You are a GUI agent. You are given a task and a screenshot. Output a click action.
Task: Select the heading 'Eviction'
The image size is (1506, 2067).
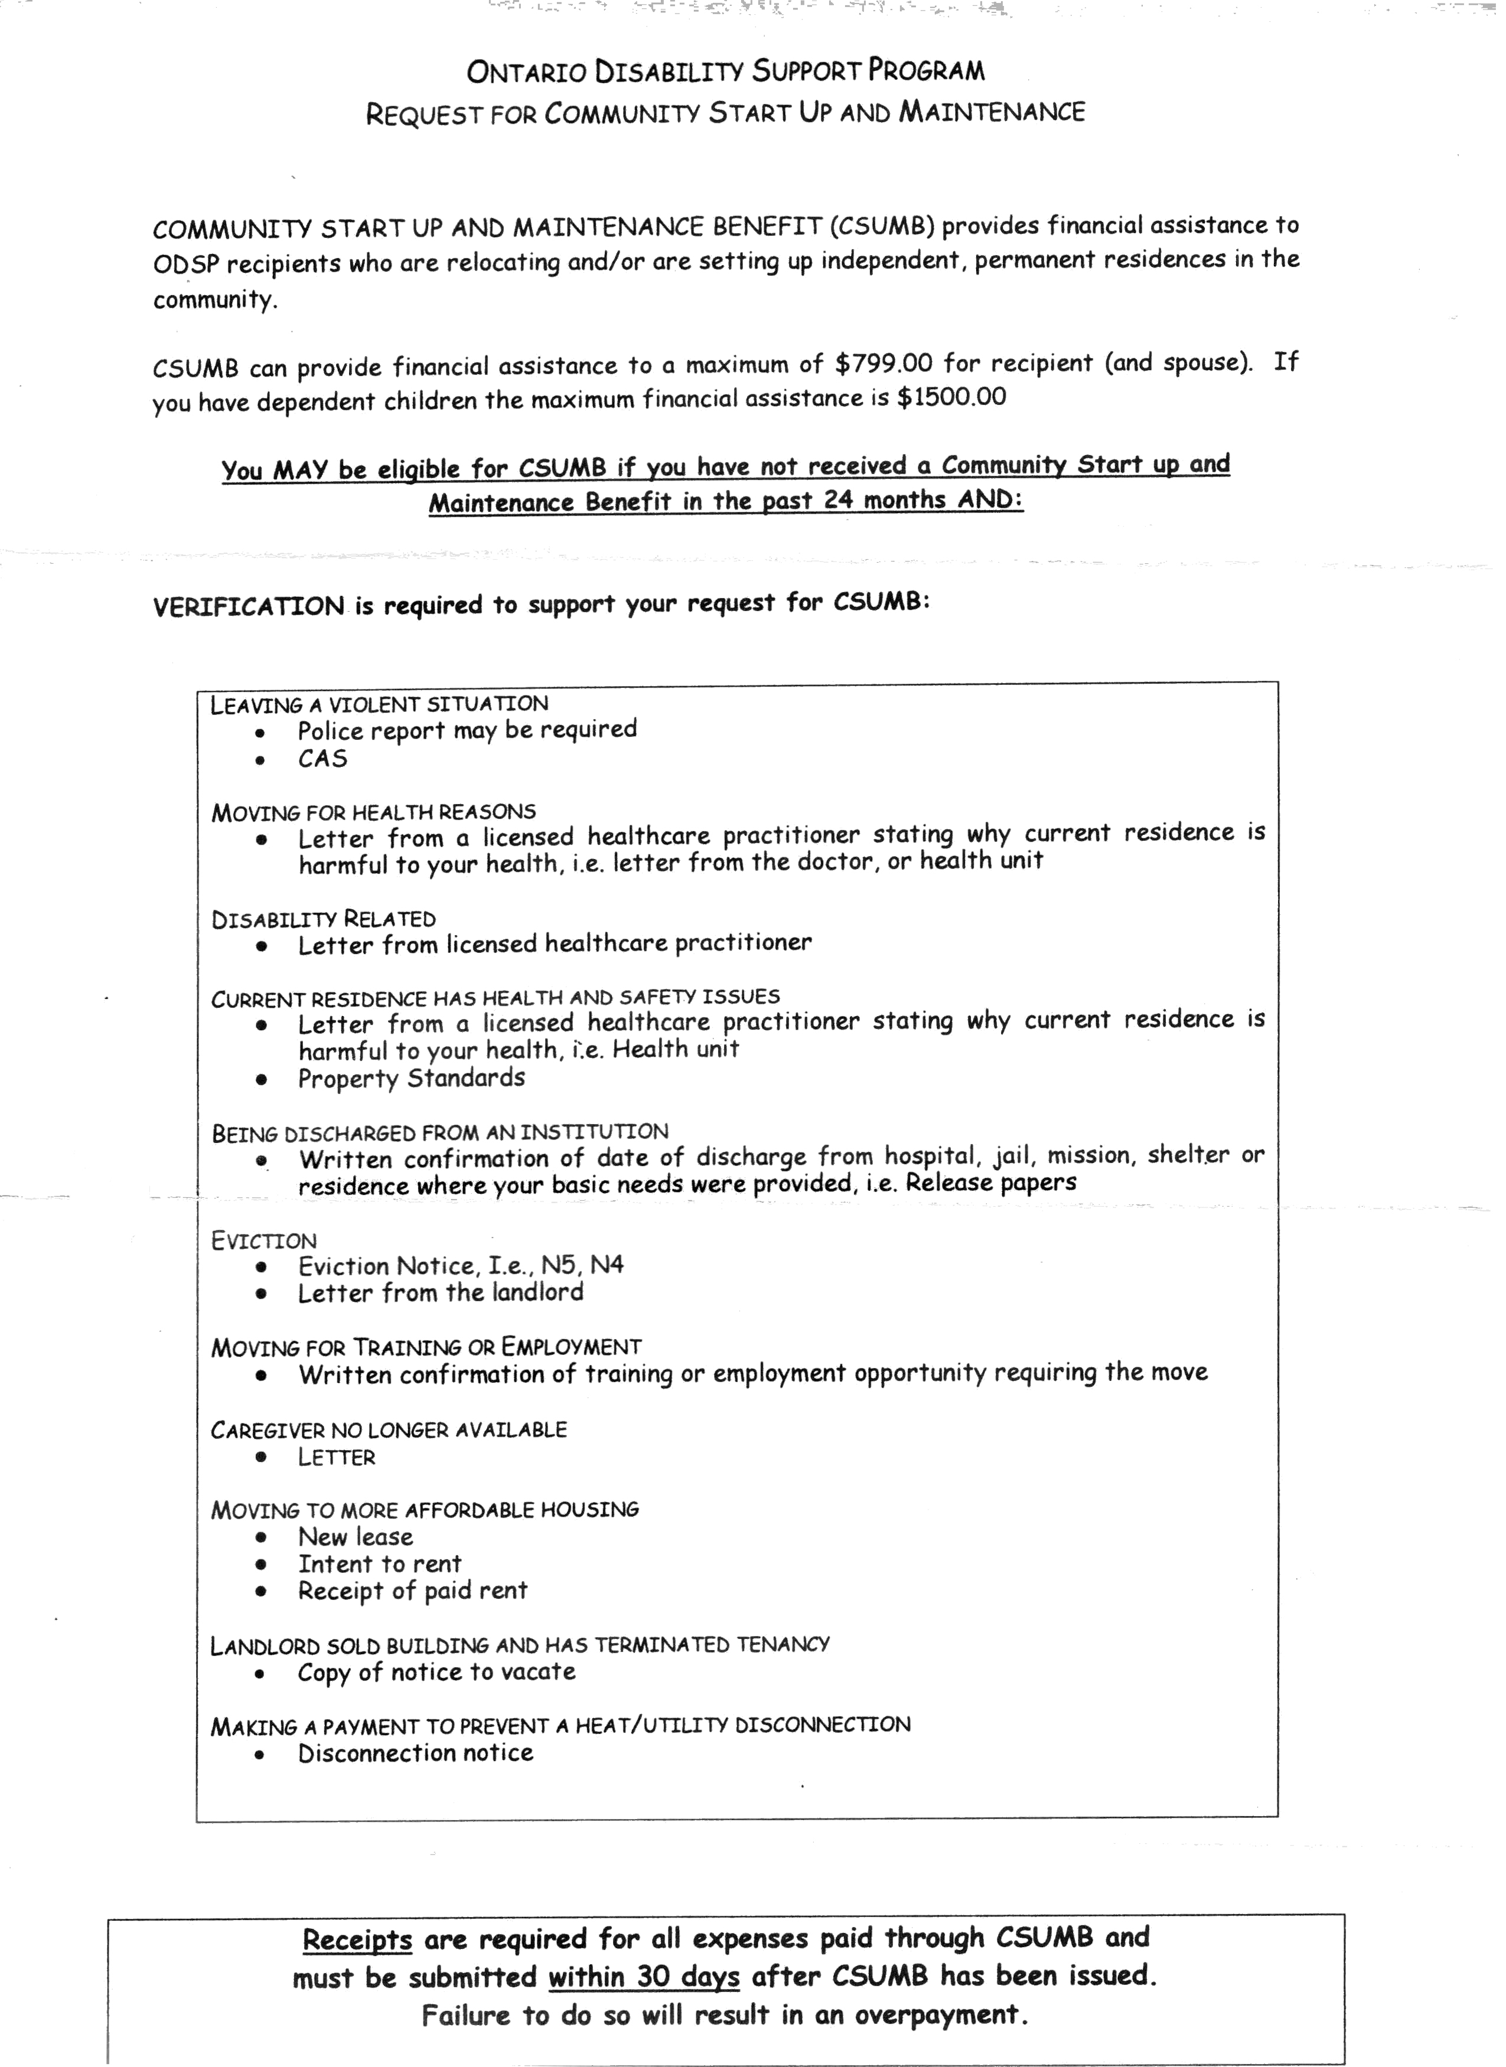(x=265, y=1240)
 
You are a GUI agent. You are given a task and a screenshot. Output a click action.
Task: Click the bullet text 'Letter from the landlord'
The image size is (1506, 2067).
(x=441, y=1292)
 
